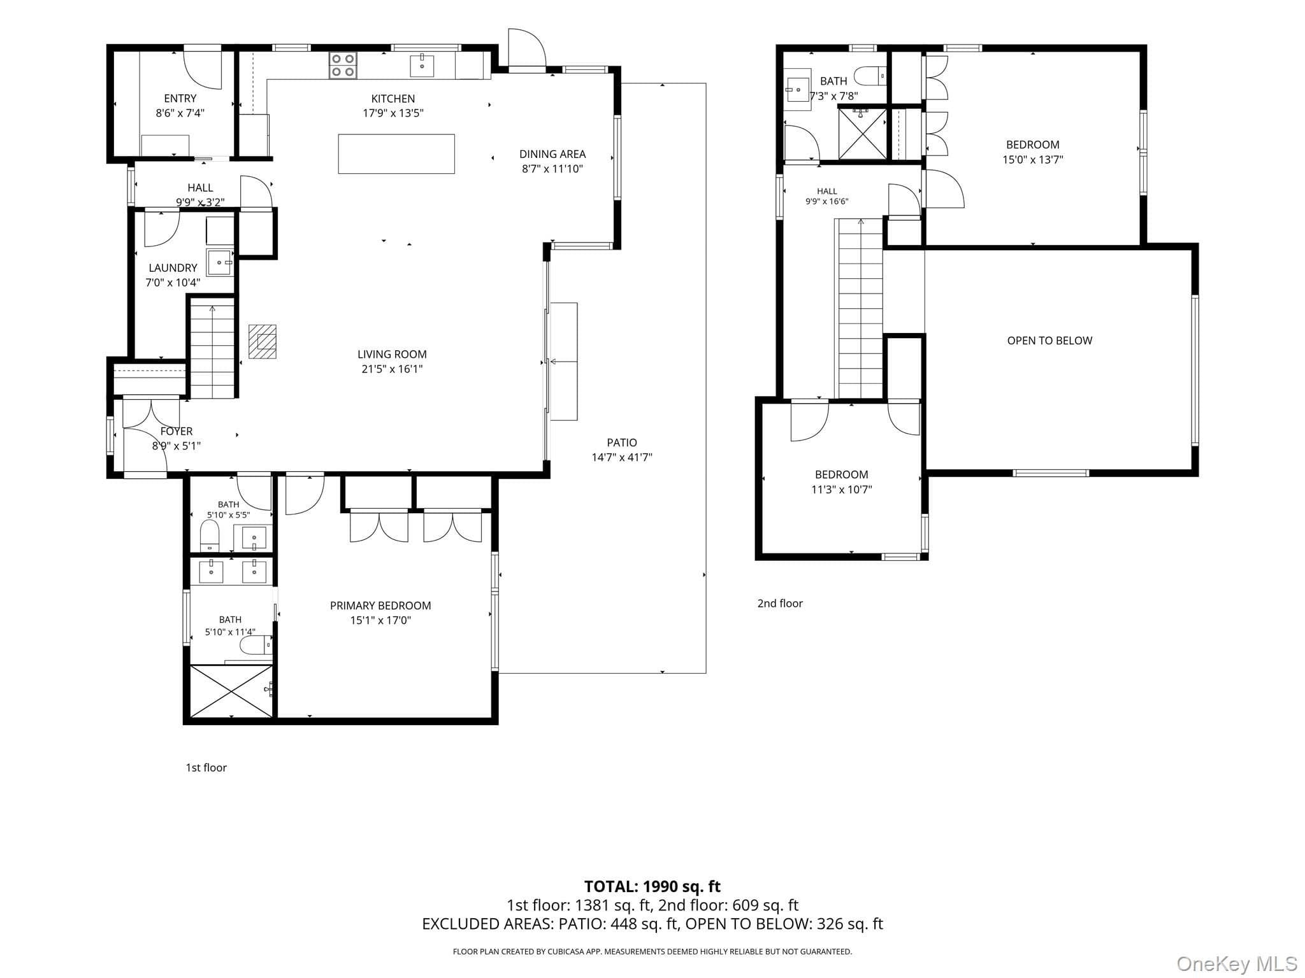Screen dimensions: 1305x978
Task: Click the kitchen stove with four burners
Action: click(x=343, y=65)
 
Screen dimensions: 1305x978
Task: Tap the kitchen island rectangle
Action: click(x=396, y=153)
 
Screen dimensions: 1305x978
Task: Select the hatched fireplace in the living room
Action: click(x=262, y=341)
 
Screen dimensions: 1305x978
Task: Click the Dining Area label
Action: click(x=552, y=154)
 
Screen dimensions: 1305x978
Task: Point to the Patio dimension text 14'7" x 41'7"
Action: click(x=622, y=457)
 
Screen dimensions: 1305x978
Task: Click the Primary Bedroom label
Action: click(x=380, y=606)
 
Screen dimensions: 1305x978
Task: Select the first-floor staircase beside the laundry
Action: click(x=212, y=348)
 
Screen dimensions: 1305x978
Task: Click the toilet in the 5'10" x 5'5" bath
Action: click(x=210, y=536)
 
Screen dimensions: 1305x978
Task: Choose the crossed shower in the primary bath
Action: click(x=231, y=690)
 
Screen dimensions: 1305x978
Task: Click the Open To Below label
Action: click(x=1049, y=341)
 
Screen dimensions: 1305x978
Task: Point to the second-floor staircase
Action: click(x=860, y=309)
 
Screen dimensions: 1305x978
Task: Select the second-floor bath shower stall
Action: click(x=862, y=134)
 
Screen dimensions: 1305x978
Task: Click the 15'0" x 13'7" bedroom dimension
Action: click(x=1033, y=160)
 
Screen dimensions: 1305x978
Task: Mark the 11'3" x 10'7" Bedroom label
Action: click(x=842, y=474)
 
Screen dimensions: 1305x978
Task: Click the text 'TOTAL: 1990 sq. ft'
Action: click(x=652, y=886)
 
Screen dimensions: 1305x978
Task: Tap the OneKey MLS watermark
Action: click(x=1237, y=964)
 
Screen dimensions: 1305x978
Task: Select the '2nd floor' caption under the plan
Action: click(x=780, y=604)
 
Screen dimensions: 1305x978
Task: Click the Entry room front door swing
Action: click(x=203, y=69)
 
